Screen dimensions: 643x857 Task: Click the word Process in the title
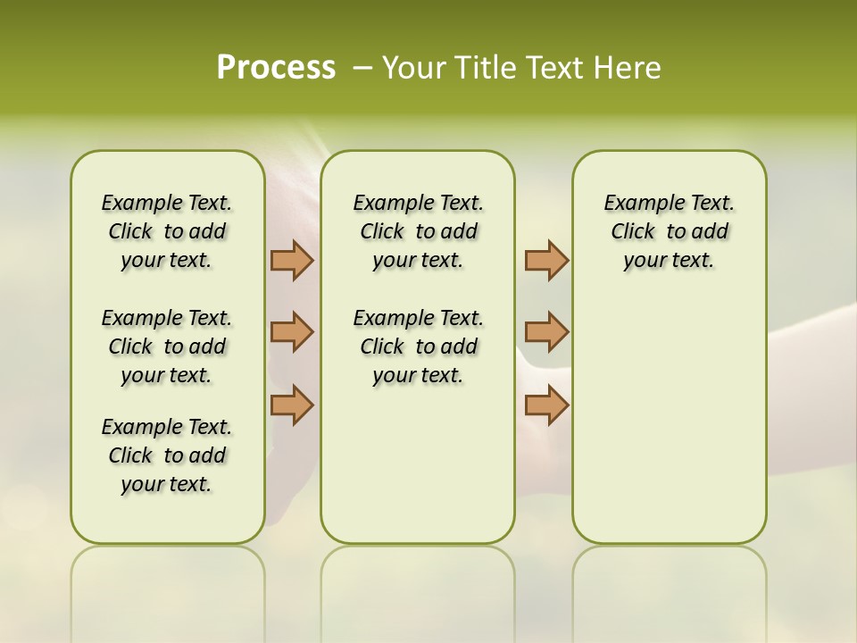[x=276, y=67]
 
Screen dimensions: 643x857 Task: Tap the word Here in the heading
[x=628, y=67]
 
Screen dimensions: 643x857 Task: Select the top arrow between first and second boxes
[x=292, y=260]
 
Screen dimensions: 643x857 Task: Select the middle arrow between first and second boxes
[x=292, y=332]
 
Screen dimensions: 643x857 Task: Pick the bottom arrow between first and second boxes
[x=292, y=405]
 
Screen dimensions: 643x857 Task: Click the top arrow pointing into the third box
[x=546, y=260]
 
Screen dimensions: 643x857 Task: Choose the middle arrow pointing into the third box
[x=546, y=332]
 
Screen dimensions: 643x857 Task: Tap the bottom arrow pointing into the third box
[x=546, y=405]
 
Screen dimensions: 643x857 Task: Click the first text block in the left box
[x=167, y=231]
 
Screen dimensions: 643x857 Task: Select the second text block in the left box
[x=167, y=347]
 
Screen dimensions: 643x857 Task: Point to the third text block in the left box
[x=167, y=455]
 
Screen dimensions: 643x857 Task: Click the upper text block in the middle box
[x=418, y=231]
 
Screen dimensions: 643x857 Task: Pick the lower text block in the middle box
[x=418, y=347]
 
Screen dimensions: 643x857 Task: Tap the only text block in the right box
[x=669, y=231]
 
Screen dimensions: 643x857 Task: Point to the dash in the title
[x=362, y=68]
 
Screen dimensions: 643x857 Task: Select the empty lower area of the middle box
[x=418, y=464]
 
